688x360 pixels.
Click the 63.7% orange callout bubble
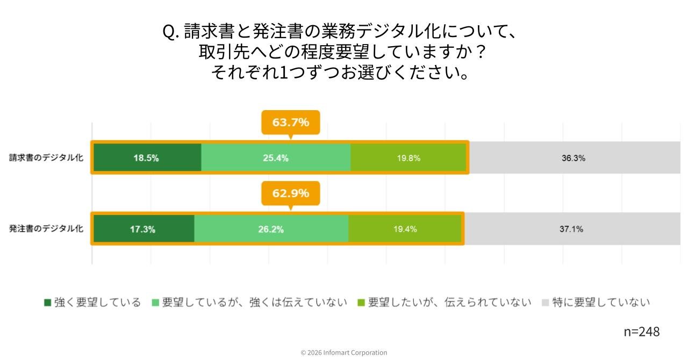pyautogui.click(x=290, y=123)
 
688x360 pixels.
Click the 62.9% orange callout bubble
pyautogui.click(x=290, y=193)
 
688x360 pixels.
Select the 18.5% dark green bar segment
pyautogui.click(x=146, y=158)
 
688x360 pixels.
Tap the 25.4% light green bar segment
pyautogui.click(x=276, y=158)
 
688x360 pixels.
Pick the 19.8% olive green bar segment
pyautogui.click(x=408, y=158)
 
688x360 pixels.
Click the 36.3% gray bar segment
pyautogui.click(x=574, y=158)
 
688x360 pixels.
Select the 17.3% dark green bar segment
pyautogui.click(x=143, y=229)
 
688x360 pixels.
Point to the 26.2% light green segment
pyautogui.click(x=271, y=229)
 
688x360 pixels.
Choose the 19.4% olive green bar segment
pyautogui.click(x=405, y=229)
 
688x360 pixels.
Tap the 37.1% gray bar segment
pyautogui.click(x=571, y=229)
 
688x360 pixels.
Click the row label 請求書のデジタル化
pyautogui.click(x=46, y=158)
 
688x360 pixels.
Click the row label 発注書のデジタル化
pyautogui.click(x=46, y=228)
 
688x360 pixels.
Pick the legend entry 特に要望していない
pyautogui.click(x=601, y=303)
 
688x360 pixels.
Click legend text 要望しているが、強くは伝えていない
pyautogui.click(x=255, y=303)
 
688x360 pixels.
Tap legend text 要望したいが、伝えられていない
pyautogui.click(x=449, y=303)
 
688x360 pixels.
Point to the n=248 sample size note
pyautogui.click(x=641, y=332)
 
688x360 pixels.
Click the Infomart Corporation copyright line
pyautogui.click(x=344, y=352)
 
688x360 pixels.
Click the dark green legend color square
pyautogui.click(x=47, y=303)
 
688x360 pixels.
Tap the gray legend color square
pyautogui.click(x=545, y=303)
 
